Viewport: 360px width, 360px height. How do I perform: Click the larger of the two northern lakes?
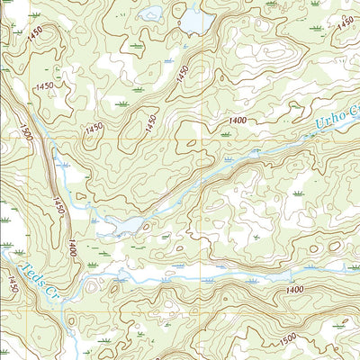(195, 19)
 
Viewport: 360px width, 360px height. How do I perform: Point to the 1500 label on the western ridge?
(26, 138)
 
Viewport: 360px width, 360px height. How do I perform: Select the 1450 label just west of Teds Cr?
(12, 285)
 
